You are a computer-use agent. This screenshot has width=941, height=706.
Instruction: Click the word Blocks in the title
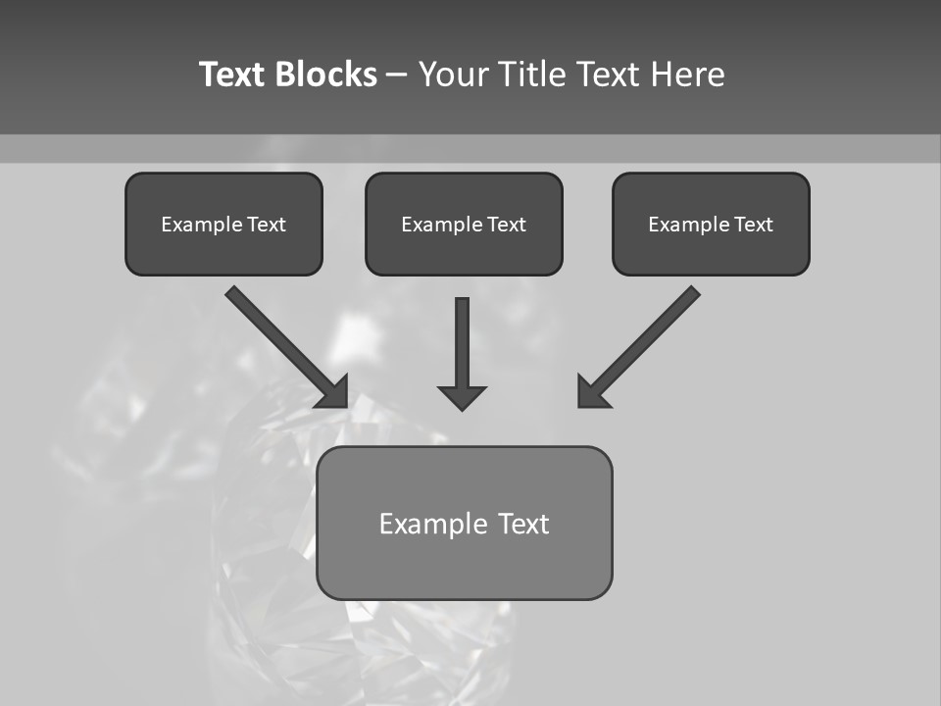[x=326, y=75]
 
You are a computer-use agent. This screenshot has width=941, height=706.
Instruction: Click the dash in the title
[x=397, y=76]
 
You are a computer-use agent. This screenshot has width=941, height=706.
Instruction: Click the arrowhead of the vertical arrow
[x=462, y=397]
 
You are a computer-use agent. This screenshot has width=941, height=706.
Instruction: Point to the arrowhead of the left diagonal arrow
[x=333, y=391]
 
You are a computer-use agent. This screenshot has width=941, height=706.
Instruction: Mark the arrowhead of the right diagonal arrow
[x=592, y=391]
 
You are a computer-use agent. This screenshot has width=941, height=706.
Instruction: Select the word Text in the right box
[x=753, y=225]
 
